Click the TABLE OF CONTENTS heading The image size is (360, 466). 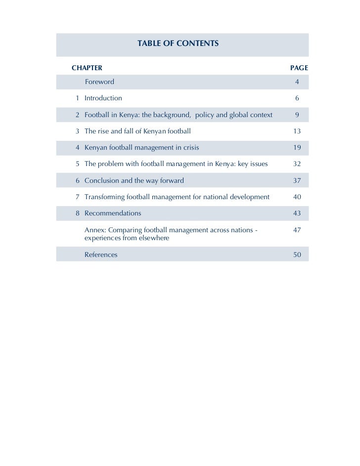coord(178,44)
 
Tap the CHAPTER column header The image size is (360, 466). coord(87,67)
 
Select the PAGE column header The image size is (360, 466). coord(299,67)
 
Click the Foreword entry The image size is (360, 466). coord(99,82)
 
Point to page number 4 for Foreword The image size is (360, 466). coord(297,82)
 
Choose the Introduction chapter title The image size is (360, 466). coord(103,98)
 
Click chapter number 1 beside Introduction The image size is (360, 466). coord(78,98)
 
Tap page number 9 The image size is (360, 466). coord(297,115)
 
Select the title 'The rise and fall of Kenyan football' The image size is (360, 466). coord(137,131)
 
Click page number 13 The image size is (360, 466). coord(297,131)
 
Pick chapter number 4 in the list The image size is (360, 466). coord(78,148)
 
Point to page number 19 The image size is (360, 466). coord(297,148)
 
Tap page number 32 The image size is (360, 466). coord(297,164)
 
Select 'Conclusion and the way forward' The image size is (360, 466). coord(134,181)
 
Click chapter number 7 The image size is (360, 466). coord(78,197)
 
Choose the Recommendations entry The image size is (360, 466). coord(113,213)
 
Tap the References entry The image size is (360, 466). coord(101,255)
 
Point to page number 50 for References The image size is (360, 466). coord(297,255)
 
